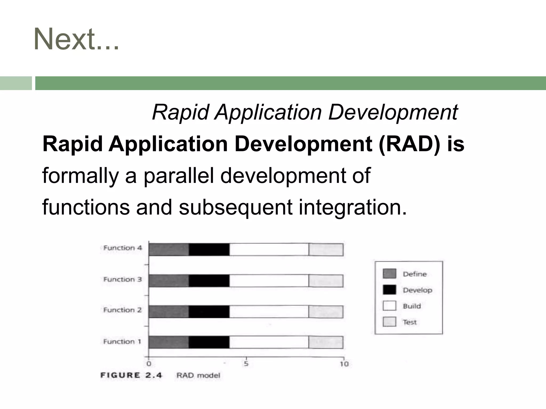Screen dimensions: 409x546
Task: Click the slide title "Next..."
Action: point(76,39)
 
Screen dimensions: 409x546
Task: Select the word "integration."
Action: point(352,207)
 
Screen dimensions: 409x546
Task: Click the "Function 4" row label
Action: point(123,248)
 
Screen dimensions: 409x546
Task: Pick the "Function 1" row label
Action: point(122,342)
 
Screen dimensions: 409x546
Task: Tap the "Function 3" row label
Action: point(123,279)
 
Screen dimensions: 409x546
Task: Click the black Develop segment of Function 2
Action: point(209,312)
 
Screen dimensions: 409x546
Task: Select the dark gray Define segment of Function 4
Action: point(169,250)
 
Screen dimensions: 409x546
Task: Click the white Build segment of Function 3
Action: point(269,281)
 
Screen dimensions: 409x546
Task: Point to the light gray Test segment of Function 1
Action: point(326,342)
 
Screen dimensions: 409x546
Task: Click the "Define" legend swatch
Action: point(389,274)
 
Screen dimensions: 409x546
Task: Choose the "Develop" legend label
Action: point(417,290)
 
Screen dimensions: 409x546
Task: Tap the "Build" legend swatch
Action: point(389,306)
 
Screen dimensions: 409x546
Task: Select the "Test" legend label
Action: point(410,322)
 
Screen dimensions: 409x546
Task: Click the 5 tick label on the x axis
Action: point(246,364)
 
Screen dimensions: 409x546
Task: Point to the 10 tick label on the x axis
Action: point(344,364)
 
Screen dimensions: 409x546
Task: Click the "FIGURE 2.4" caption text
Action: point(131,375)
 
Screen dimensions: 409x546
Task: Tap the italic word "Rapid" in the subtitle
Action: point(180,112)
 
